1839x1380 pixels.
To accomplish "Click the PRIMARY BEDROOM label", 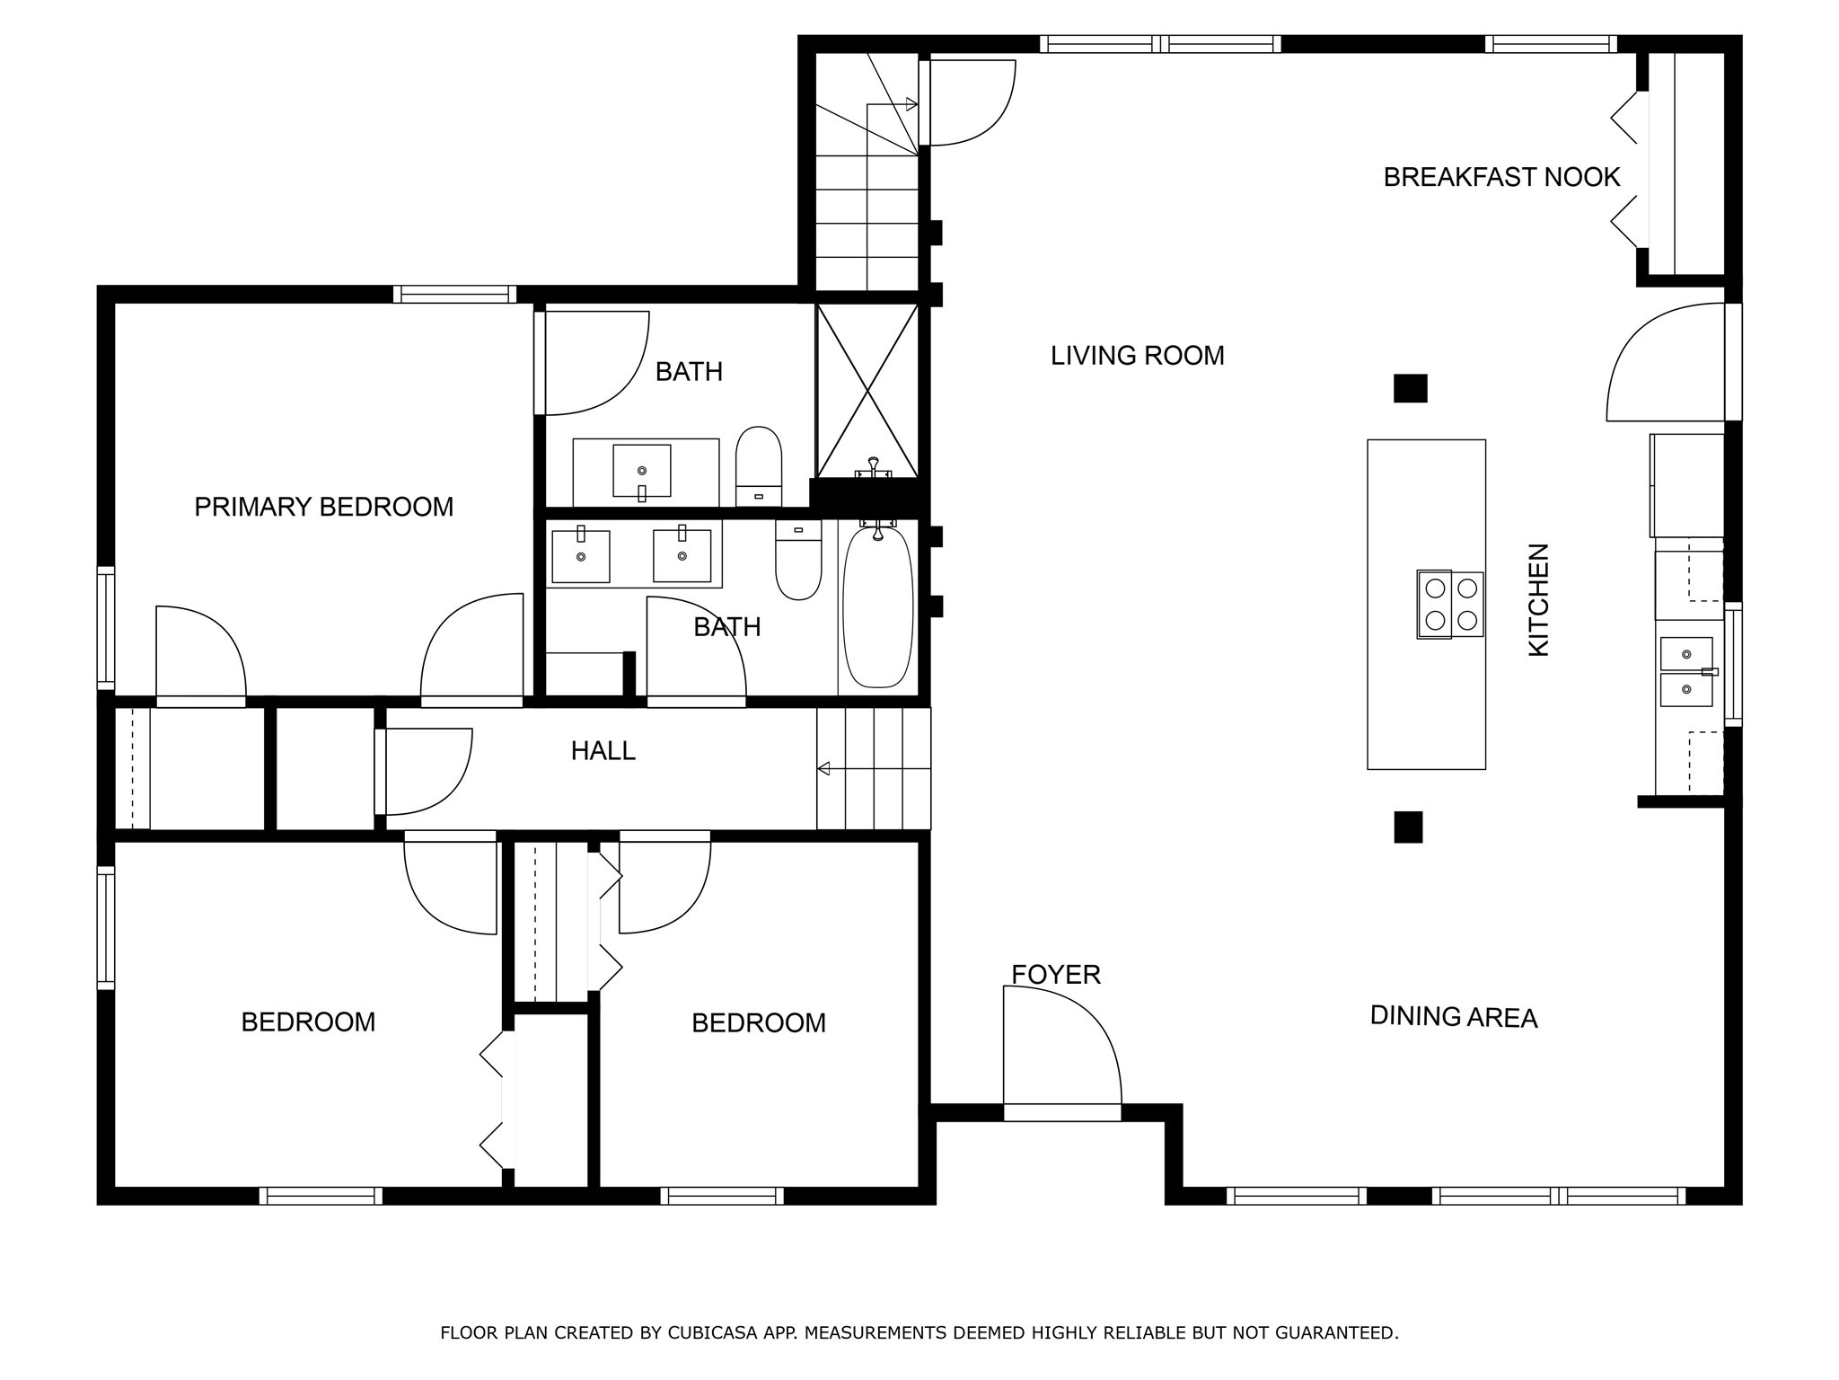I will pos(323,507).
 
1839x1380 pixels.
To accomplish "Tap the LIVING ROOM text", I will pos(1137,356).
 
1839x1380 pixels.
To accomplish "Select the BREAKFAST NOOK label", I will pos(1500,177).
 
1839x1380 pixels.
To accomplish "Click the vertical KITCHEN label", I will pos(1539,599).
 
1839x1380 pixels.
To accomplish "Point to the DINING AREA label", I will pos(1453,1017).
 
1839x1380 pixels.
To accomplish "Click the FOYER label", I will pos(1055,975).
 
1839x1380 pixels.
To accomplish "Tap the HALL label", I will pos(603,750).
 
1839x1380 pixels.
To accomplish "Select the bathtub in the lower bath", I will pos(877,608).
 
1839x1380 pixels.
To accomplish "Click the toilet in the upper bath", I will pos(759,464).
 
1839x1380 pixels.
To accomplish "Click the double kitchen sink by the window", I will pos(1685,672).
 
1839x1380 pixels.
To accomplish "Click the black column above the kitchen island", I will pos(1410,388).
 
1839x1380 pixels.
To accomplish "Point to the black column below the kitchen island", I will pos(1408,827).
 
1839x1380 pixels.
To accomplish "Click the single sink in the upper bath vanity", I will pos(641,470).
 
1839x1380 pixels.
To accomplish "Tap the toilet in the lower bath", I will pos(798,562).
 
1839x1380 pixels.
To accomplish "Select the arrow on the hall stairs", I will pos(823,768).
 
